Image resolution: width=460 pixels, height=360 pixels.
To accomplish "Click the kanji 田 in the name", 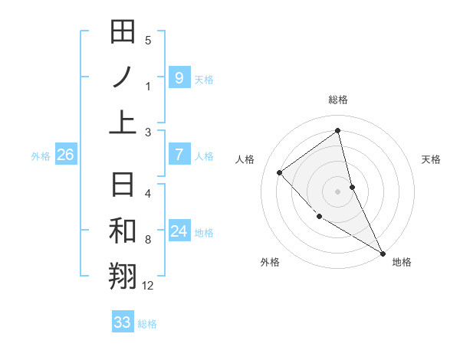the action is pos(123,33).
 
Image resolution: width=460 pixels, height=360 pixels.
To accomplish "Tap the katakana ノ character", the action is pos(123,77).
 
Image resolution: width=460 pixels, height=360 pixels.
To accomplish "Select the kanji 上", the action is pos(123,121).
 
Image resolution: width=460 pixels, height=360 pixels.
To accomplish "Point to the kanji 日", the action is pos(123,186).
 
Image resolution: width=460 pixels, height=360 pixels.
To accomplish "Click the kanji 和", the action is pos(123,231).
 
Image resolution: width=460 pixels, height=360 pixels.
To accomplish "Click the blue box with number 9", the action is pos(179,77).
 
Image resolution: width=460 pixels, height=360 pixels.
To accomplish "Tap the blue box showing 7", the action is pos(179,155).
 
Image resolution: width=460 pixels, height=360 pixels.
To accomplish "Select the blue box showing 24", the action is pos(179,231).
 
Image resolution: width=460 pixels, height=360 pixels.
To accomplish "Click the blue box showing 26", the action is pos(65,155).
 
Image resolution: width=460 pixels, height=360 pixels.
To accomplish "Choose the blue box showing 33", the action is pos(122,322).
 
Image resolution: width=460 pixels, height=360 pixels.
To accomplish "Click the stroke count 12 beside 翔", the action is pos(148,286).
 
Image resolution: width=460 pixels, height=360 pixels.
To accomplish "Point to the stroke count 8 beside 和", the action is pos(148,241).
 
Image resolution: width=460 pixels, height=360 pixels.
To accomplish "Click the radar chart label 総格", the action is pos(337,100).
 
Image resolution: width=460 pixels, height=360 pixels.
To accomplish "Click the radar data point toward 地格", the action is pos(383,253).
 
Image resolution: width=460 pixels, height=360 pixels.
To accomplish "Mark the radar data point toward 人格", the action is pos(280,172).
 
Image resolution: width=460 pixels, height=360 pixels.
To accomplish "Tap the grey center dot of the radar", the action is pos(337,191).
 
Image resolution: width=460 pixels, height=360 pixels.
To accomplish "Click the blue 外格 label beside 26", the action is pos(41,155).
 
